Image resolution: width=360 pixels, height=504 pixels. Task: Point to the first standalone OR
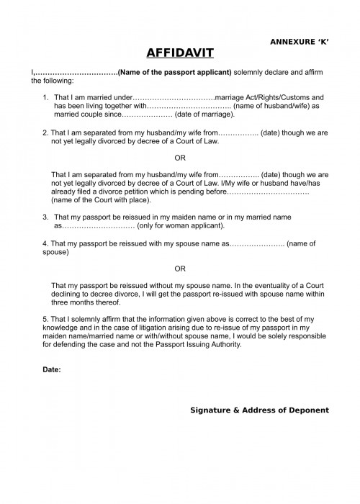tap(180, 158)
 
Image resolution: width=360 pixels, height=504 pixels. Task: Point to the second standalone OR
tap(180, 268)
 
